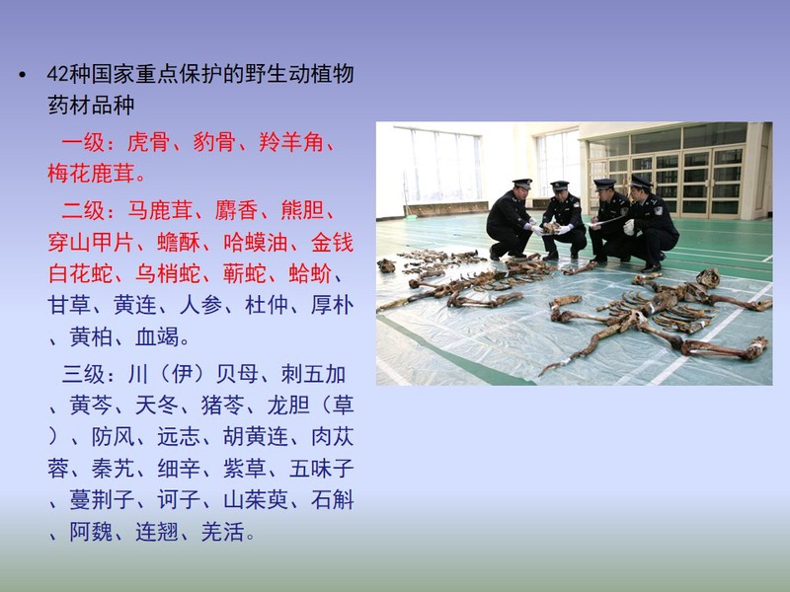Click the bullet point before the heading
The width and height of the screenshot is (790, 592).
pos(22,76)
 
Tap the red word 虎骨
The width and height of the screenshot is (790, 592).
pos(148,142)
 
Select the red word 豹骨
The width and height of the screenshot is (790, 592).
pos(214,142)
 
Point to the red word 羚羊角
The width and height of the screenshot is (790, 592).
pos(291,142)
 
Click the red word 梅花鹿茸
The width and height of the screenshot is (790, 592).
pos(91,174)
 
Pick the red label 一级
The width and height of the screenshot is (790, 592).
pos(83,142)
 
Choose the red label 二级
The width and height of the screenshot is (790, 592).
pos(83,210)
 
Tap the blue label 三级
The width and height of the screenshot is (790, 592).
pos(83,374)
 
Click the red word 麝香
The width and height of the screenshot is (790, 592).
pos(236,210)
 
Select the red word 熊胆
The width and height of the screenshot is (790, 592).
pos(302,210)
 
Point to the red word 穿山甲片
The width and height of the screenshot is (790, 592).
pos(91,242)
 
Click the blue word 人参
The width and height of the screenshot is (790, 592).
pos(201,305)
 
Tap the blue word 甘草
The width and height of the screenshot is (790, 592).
pos(69,305)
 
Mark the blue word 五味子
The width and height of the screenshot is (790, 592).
pos(322,469)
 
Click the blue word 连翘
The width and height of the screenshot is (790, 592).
pos(157,532)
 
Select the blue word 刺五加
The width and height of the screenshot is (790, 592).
pos(313,374)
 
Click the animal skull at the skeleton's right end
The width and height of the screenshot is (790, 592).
pos(708,278)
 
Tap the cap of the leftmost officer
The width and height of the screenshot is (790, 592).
pos(522,183)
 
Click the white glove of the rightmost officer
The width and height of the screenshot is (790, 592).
pos(629,227)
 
